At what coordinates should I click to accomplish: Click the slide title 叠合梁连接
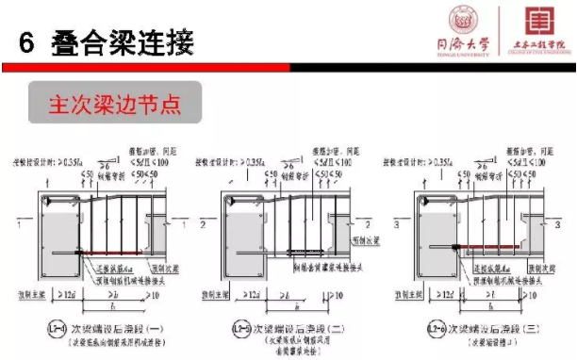coord(118,41)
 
